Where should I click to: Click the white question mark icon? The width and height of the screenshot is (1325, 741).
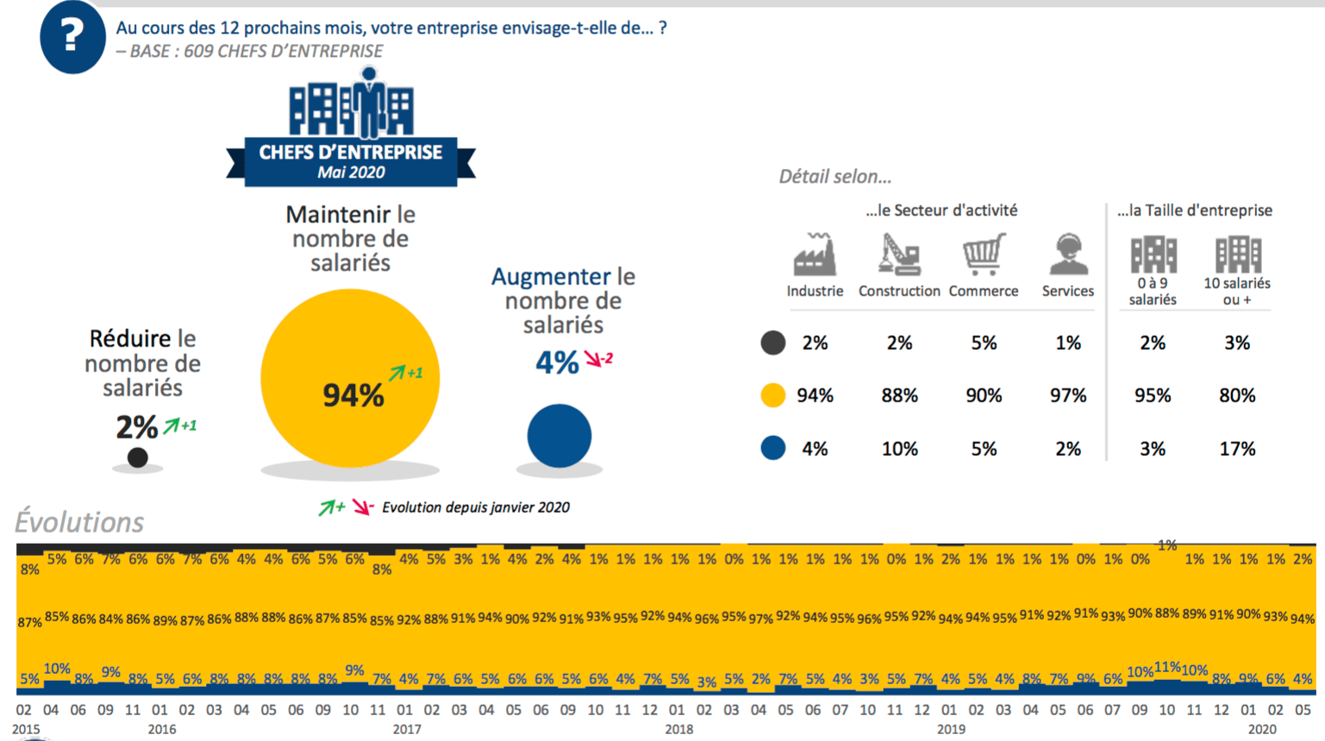click(x=72, y=35)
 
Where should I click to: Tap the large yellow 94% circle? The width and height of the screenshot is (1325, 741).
click(x=350, y=378)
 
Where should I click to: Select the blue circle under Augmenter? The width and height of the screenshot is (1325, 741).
click(x=559, y=436)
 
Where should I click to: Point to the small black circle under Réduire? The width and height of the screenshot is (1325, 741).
click(x=138, y=458)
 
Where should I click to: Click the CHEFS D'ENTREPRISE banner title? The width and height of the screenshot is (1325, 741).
click(x=350, y=153)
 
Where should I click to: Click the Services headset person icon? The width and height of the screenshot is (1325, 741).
click(x=1068, y=253)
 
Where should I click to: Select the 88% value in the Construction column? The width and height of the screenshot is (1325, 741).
click(x=899, y=395)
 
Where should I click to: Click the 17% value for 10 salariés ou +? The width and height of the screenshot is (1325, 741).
click(x=1237, y=449)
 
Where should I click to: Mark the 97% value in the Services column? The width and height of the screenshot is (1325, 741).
click(x=1068, y=395)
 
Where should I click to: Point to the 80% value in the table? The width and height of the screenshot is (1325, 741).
click(x=1237, y=395)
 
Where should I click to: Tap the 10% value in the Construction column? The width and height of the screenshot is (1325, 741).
click(x=899, y=449)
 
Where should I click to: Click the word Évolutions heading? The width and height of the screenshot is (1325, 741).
click(x=79, y=522)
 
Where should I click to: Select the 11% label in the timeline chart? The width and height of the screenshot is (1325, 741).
click(x=1167, y=667)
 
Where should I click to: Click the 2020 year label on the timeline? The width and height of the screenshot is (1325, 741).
click(x=1262, y=730)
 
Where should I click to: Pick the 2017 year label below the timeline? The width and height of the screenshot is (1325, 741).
click(x=407, y=730)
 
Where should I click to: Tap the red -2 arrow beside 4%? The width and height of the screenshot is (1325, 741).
click(x=598, y=358)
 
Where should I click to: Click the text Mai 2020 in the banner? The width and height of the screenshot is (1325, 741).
click(x=350, y=172)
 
